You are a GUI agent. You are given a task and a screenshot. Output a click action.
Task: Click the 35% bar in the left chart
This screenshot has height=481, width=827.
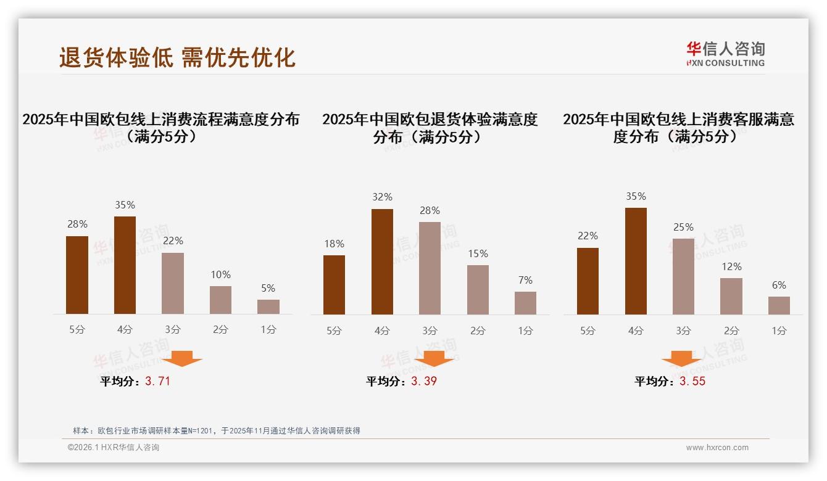125,265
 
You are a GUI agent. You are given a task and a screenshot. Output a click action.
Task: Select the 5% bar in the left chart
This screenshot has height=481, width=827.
268,306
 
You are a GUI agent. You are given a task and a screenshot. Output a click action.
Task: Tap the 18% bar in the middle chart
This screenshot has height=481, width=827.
334,284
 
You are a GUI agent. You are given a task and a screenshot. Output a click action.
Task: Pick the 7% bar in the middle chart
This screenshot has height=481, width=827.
525,303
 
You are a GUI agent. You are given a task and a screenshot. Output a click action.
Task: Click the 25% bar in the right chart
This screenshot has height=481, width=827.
683,276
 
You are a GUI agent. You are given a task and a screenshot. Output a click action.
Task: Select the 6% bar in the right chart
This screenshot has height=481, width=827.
779,305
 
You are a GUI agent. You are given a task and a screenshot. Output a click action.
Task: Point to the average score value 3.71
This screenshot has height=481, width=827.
157,381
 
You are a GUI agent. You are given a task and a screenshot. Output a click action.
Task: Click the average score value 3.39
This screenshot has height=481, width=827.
424,381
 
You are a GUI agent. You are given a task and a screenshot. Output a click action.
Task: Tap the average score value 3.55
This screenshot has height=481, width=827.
692,381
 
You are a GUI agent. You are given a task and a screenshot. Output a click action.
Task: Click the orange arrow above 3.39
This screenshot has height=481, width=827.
434,358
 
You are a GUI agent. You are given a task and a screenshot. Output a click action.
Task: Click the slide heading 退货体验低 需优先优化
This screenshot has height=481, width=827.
177,57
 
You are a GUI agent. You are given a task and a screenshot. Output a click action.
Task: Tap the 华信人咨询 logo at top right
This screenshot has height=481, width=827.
725,54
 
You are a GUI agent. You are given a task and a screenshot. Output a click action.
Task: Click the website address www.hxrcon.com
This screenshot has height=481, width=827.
717,448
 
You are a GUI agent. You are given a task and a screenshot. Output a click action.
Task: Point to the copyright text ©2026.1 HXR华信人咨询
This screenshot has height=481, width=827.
114,448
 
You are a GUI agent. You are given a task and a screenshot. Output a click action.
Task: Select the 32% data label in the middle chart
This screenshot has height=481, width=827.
382,197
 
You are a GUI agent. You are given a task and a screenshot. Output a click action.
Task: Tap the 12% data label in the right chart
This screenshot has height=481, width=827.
731,266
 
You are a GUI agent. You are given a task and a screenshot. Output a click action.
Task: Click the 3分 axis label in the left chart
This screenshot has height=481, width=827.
173,330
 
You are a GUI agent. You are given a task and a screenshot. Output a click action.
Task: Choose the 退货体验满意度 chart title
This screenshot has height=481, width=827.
430,128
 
